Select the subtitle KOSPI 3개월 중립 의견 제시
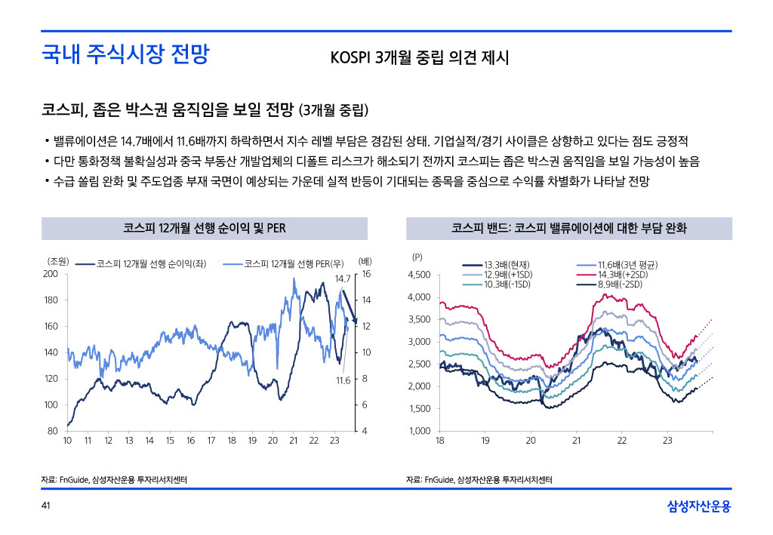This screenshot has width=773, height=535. [420, 58]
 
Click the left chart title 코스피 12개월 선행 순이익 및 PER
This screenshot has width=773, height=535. [204, 228]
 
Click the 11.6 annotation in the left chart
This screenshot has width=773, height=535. [343, 380]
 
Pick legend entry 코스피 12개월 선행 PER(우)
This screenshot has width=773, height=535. [294, 263]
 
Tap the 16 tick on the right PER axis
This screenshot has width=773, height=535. [366, 274]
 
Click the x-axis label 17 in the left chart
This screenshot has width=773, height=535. [211, 440]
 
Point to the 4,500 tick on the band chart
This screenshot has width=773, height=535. [420, 275]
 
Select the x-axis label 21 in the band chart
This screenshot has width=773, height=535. [576, 440]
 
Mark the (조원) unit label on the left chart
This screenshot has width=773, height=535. [58, 261]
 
